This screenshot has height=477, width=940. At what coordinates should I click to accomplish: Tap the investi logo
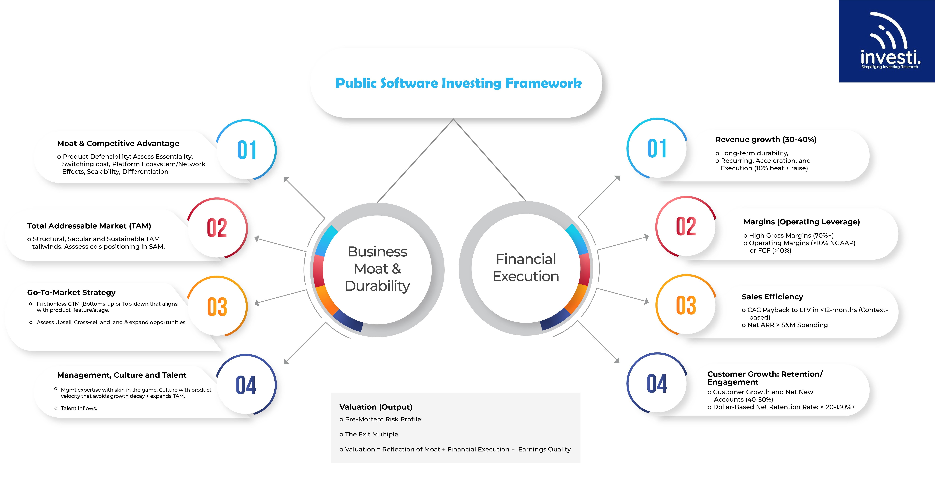(x=887, y=41)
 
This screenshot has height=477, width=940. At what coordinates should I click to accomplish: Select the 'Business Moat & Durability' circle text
(x=377, y=269)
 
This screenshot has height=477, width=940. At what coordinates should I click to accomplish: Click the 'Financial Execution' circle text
(x=525, y=268)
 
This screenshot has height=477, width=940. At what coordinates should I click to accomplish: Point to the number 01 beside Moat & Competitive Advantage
(x=247, y=150)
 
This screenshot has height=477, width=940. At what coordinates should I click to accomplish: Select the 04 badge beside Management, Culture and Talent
(x=246, y=385)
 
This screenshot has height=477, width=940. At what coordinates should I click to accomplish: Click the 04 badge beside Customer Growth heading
(x=657, y=384)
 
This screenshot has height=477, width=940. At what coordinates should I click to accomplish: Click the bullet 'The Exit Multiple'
(x=371, y=434)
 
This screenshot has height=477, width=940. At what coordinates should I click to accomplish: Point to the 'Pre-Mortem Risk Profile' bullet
(x=382, y=419)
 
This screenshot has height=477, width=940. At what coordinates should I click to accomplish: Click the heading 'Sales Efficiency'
(x=772, y=297)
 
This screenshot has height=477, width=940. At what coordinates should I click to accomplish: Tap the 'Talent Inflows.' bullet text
(x=78, y=408)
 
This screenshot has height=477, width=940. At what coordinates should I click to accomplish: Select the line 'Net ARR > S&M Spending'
(x=787, y=325)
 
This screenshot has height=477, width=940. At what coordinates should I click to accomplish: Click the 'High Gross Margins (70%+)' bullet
(x=791, y=235)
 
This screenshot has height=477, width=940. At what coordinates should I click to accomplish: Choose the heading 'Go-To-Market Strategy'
(x=71, y=292)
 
